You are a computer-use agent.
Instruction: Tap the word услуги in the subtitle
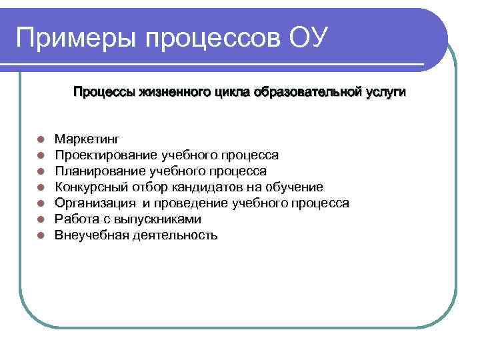(385, 91)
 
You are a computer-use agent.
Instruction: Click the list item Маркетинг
(87, 139)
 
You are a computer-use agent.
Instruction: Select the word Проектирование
(107, 155)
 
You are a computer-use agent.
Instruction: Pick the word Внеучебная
(88, 235)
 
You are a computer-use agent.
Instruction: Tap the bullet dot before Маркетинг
(41, 140)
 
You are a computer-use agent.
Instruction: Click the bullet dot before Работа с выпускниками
(41, 220)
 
